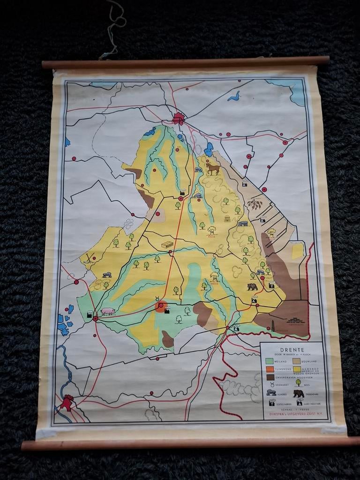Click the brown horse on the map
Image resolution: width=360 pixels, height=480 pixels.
212,169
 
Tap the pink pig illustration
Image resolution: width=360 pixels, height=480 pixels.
108,311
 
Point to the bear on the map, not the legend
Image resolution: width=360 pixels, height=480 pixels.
252,287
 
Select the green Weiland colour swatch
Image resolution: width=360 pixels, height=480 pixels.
269,361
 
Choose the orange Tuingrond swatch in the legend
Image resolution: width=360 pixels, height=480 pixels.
269,369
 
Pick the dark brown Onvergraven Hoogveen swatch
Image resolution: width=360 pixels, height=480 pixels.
270,376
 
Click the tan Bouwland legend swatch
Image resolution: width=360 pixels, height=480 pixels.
297,361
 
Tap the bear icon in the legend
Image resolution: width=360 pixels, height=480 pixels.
298,393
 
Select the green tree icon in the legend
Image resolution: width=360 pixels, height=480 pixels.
298,383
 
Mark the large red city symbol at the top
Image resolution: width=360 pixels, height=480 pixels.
178,118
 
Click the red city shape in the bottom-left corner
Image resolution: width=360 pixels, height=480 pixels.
67,402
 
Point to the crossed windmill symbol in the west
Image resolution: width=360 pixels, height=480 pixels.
90,257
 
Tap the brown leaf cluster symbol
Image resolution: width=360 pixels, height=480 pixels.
255,204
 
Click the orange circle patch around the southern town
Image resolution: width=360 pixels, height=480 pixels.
162,307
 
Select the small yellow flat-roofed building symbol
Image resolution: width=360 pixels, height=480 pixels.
167,245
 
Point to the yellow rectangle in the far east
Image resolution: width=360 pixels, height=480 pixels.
297,252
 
